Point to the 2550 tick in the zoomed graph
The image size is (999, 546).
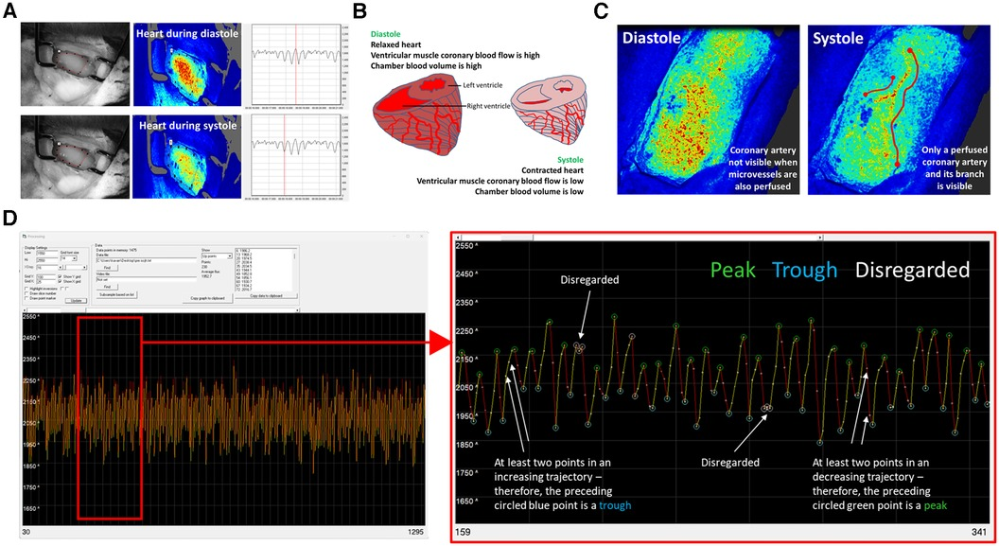click(465, 246)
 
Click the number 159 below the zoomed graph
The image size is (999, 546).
click(465, 533)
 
